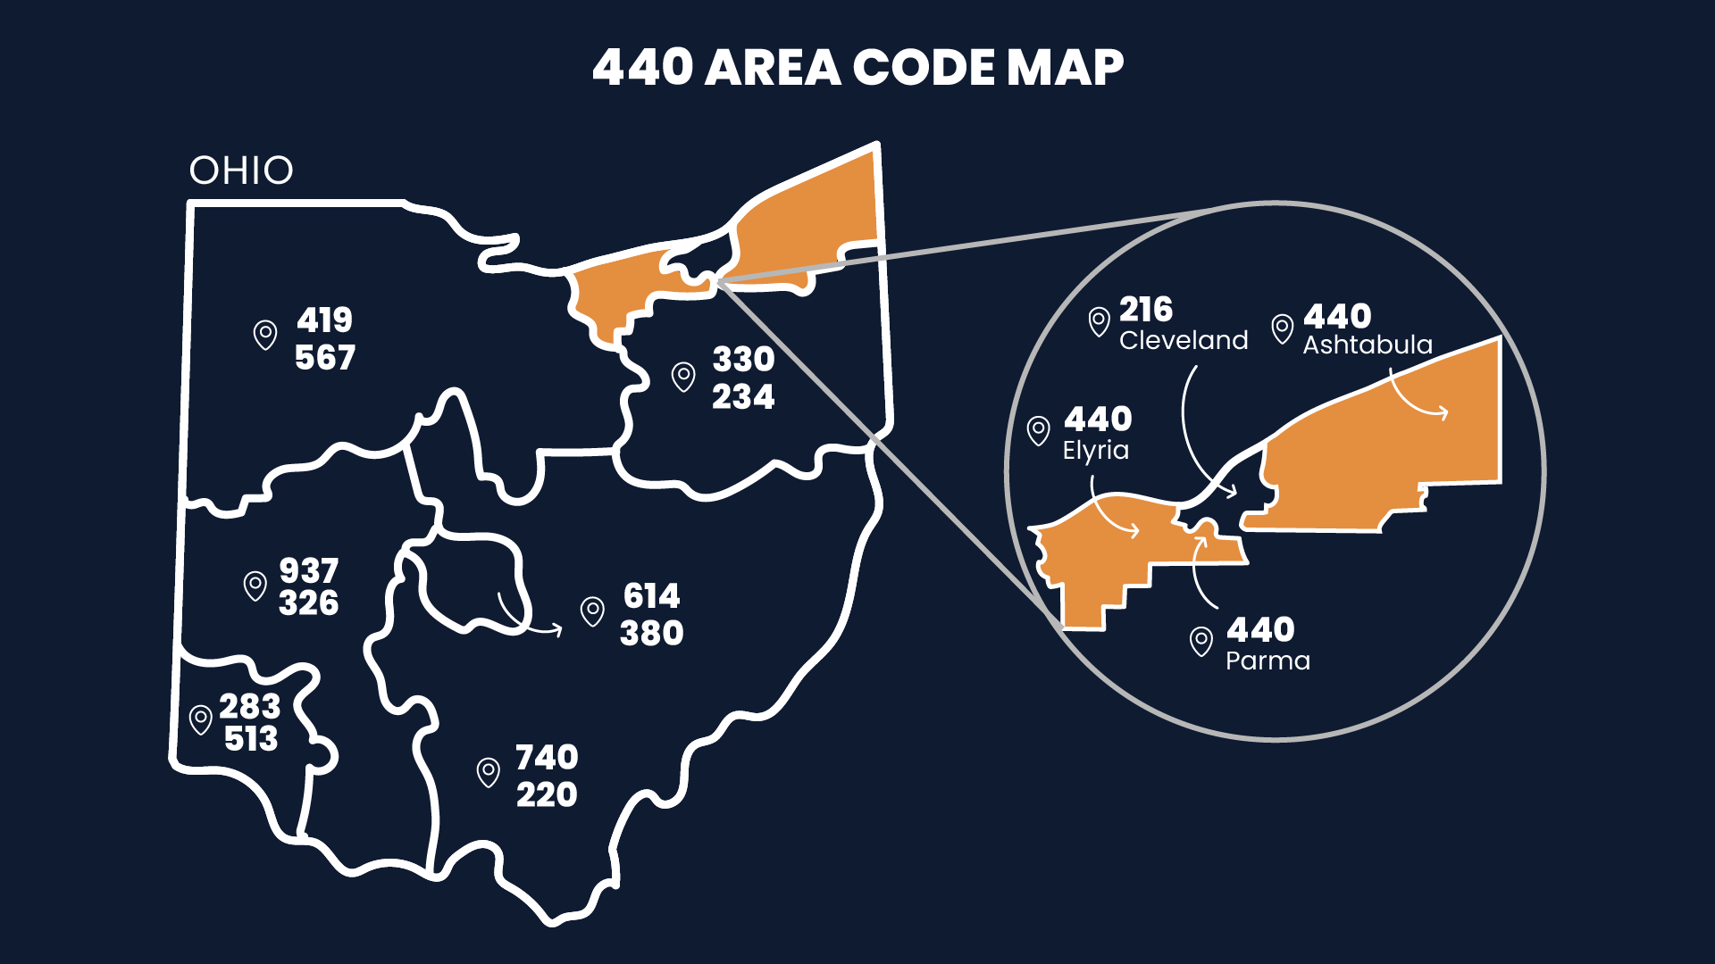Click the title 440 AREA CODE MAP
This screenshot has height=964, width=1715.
857,68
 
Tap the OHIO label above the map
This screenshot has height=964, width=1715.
241,170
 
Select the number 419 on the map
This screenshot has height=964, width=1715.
325,320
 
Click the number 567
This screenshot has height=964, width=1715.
325,358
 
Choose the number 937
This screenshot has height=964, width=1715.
309,570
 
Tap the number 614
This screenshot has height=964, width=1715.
652,595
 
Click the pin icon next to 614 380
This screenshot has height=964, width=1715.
592,611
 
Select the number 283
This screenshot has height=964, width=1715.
250,706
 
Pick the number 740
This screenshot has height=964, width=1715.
547,757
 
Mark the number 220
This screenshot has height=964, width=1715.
547,794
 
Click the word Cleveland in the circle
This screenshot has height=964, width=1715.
1184,340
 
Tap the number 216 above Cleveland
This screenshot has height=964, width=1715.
1146,310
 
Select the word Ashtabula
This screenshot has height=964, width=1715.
1368,345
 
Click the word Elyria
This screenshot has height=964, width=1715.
1096,450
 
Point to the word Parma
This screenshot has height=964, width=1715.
1268,661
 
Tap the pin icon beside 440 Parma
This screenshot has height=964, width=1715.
1201,640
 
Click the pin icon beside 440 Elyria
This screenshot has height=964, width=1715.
1038,430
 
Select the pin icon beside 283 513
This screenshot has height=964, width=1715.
201,719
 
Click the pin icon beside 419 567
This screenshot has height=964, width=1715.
265,335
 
